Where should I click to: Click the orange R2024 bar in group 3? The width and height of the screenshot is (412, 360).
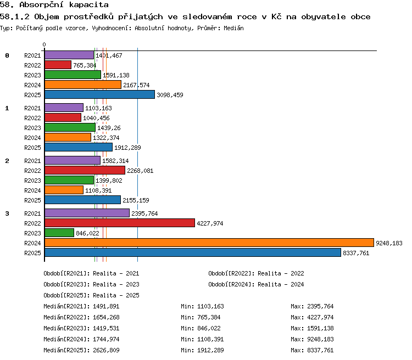(209, 243)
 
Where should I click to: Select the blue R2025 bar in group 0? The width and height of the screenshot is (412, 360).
(99, 94)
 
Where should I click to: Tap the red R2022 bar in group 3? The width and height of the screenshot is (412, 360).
(120, 223)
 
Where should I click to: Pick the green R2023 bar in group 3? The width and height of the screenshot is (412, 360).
(59, 233)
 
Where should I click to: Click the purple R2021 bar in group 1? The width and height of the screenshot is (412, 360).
(64, 108)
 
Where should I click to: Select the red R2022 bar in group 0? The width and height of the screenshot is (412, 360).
(58, 65)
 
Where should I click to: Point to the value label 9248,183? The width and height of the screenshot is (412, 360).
(389, 243)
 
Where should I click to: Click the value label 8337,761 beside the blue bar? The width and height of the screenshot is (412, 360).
(356, 253)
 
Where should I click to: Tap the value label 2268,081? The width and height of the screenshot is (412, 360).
(140, 171)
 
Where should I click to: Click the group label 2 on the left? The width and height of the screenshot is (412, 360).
(7, 161)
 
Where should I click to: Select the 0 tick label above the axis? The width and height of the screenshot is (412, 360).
(44, 44)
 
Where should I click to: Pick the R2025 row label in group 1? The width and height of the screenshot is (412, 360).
(32, 148)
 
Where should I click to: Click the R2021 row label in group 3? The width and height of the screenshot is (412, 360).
(32, 213)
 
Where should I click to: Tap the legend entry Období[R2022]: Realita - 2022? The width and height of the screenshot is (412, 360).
(256, 273)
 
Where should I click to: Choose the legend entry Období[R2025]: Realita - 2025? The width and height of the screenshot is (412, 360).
(91, 295)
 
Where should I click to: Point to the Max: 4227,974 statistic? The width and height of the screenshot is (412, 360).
(312, 317)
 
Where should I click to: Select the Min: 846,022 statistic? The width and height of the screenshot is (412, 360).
(201, 328)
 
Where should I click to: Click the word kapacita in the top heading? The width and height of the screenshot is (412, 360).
(89, 5)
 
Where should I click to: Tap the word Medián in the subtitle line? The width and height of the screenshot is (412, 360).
(233, 28)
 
